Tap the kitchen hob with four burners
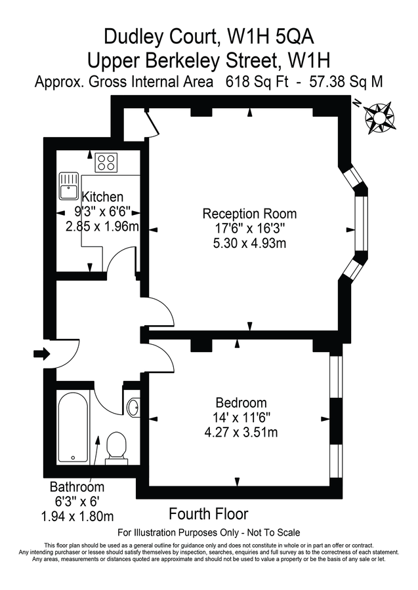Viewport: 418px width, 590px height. (x=106, y=162)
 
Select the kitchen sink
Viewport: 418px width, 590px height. (x=68, y=186)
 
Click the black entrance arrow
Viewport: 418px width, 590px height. (x=41, y=354)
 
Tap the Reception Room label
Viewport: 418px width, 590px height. (x=249, y=214)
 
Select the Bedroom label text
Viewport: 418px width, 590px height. (x=241, y=403)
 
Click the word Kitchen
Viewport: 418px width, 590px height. (x=102, y=197)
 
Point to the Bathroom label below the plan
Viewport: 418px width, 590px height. (x=77, y=487)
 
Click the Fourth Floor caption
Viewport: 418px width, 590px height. (x=209, y=513)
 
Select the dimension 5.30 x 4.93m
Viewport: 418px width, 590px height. (x=249, y=243)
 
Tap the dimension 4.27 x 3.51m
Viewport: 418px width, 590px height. (x=241, y=432)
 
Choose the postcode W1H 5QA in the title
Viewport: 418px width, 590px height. (x=283, y=35)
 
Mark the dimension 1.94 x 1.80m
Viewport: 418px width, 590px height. (x=77, y=516)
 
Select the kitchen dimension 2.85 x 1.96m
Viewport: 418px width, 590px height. (x=102, y=226)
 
